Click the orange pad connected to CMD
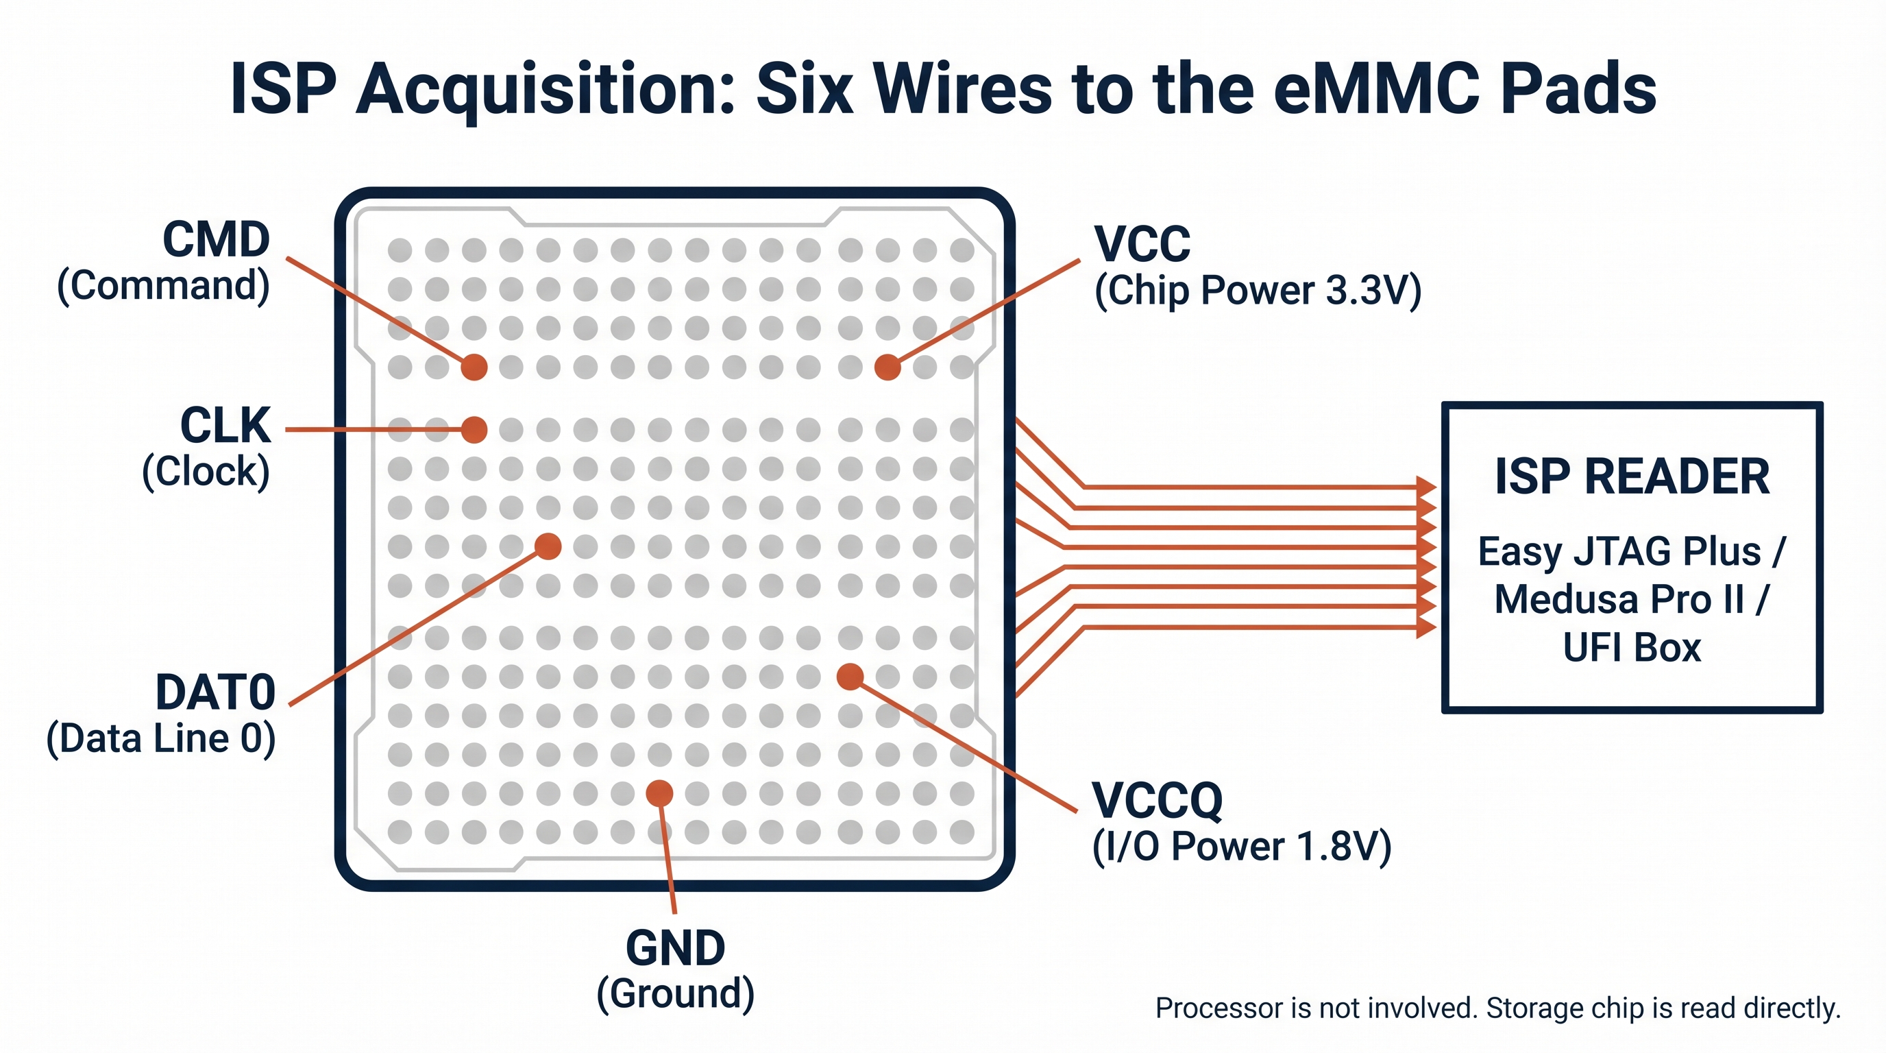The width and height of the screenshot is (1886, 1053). tap(474, 366)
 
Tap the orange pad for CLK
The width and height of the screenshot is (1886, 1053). tap(474, 429)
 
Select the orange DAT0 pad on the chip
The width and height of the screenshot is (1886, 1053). tap(548, 546)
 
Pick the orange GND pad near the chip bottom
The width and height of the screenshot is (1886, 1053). tap(659, 792)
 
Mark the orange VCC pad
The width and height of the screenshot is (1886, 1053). tap(887, 366)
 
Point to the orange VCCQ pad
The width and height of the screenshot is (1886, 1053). tap(849, 676)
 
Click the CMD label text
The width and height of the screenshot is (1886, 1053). tap(215, 239)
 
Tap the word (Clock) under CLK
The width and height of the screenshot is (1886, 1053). tap(206, 471)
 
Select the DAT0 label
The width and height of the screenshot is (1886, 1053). tap(215, 692)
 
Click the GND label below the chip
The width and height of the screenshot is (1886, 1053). tap(675, 947)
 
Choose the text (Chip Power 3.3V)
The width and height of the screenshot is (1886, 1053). tap(1257, 290)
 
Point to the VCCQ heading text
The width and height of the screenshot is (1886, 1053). tap(1157, 799)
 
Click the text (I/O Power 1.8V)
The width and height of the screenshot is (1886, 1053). tap(1241, 847)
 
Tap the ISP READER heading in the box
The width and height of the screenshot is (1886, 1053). tap(1631, 476)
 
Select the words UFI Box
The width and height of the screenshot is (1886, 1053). tap(1631, 647)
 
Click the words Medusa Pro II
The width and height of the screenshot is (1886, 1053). tap(1618, 599)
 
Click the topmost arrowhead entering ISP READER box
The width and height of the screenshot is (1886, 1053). tap(1425, 485)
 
